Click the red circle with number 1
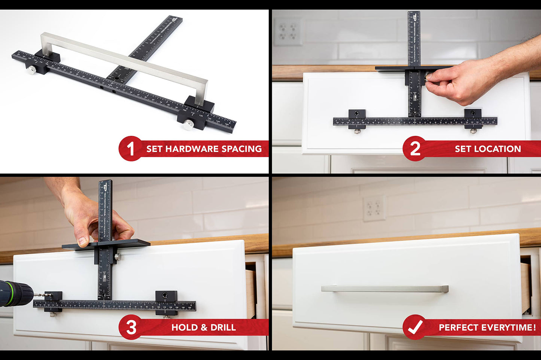(x=130, y=149)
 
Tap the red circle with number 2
(x=414, y=149)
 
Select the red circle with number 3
(x=130, y=327)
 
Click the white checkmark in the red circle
(x=414, y=327)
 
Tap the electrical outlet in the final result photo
(x=374, y=208)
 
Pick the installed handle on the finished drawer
(x=385, y=289)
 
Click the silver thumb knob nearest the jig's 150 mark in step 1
(x=188, y=125)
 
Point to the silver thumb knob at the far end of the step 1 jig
(x=31, y=70)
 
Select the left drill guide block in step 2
(x=357, y=115)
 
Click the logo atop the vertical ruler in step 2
(x=414, y=18)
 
